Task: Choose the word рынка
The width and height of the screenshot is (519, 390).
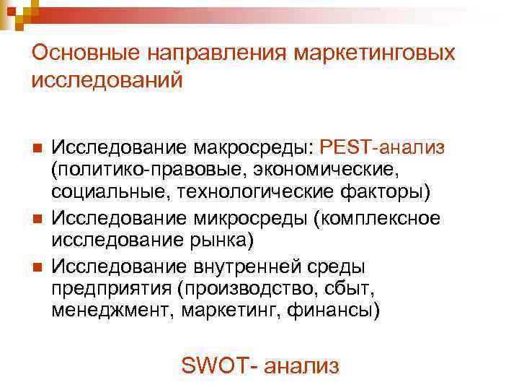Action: (x=224, y=239)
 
